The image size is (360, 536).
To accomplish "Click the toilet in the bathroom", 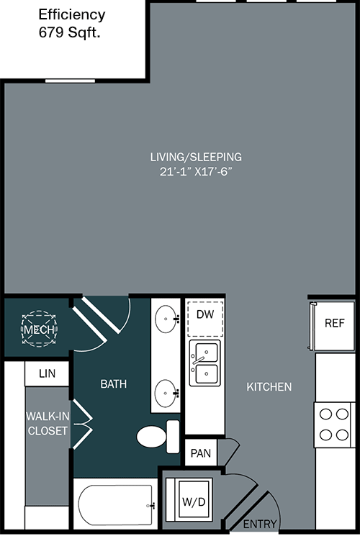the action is pyautogui.click(x=158, y=437).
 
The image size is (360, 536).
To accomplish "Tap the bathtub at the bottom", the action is pyautogui.click(x=116, y=505).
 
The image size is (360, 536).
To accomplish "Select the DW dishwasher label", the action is pyautogui.click(x=205, y=314).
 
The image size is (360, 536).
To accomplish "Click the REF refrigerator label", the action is pyautogui.click(x=334, y=323).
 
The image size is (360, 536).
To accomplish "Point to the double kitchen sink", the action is pyautogui.click(x=205, y=363).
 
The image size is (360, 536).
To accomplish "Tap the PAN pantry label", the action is pyautogui.click(x=201, y=453).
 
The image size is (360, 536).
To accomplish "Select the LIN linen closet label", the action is pyautogui.click(x=47, y=373).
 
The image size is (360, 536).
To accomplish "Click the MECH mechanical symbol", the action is pyautogui.click(x=39, y=329).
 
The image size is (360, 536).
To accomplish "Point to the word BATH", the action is pyautogui.click(x=114, y=384).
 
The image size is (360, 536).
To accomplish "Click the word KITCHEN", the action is pyautogui.click(x=269, y=386).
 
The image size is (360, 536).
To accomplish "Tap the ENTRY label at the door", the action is pyautogui.click(x=260, y=524).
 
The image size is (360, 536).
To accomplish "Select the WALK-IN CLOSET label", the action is pyautogui.click(x=48, y=423).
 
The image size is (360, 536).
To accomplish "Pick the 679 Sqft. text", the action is pyautogui.click(x=69, y=32).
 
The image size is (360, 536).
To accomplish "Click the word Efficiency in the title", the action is pyautogui.click(x=72, y=14).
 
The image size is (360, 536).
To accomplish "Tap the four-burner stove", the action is pyautogui.click(x=334, y=424).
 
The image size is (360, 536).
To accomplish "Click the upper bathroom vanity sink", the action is pyautogui.click(x=166, y=319).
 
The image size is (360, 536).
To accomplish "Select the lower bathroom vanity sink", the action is pyautogui.click(x=166, y=393).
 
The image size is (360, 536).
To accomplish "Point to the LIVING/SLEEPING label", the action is pyautogui.click(x=196, y=157).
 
